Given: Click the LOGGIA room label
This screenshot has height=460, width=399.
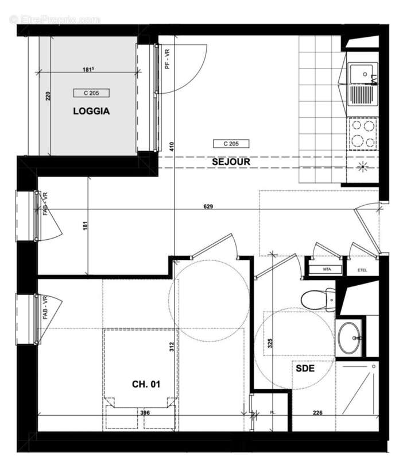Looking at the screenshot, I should pyautogui.click(x=91, y=112).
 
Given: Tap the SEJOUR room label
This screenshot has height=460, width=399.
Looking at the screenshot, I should pyautogui.click(x=231, y=162).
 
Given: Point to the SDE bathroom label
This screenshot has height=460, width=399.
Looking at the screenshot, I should pyautogui.click(x=305, y=369).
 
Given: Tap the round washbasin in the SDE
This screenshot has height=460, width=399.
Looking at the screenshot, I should pyautogui.click(x=350, y=339).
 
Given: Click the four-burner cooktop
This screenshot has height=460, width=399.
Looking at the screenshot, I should pyautogui.click(x=362, y=133).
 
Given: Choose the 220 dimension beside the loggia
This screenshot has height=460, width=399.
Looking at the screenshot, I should pyautogui.click(x=48, y=95).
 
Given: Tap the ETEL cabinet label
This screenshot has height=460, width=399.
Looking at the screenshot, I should pyautogui.click(x=362, y=269).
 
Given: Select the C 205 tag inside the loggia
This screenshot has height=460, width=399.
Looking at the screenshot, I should pyautogui.click(x=91, y=93).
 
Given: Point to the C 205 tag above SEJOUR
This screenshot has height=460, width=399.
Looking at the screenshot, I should pyautogui.click(x=230, y=144).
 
